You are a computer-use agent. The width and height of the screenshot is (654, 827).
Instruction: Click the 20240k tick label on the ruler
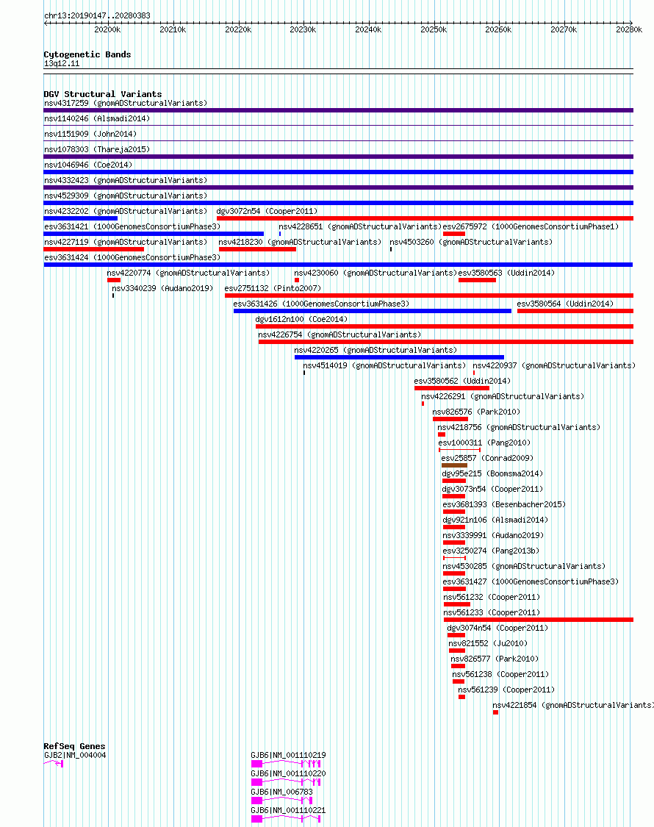(x=368, y=30)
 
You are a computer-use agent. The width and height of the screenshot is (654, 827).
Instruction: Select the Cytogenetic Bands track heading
(x=87, y=54)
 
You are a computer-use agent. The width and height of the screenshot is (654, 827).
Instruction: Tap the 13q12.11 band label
(x=62, y=64)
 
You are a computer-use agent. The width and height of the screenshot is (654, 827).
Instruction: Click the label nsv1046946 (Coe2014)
(x=88, y=165)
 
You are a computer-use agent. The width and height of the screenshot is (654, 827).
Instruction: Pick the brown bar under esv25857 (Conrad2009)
(x=454, y=466)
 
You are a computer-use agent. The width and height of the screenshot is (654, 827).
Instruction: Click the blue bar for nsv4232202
(x=81, y=218)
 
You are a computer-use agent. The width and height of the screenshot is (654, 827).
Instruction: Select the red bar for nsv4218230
(x=257, y=249)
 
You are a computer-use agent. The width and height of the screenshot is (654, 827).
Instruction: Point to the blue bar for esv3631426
(x=373, y=311)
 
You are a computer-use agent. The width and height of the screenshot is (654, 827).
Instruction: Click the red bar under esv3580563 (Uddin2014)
(x=478, y=280)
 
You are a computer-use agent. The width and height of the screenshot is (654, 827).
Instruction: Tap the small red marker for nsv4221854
(x=496, y=712)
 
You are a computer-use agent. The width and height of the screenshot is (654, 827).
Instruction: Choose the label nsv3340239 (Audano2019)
(x=162, y=288)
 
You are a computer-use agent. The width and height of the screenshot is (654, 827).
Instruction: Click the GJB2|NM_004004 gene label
(x=75, y=755)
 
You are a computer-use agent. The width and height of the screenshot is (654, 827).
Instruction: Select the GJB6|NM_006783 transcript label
(x=281, y=792)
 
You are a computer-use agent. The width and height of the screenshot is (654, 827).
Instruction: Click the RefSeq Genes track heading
(x=74, y=746)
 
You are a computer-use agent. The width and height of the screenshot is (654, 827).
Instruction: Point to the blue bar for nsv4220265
(x=399, y=357)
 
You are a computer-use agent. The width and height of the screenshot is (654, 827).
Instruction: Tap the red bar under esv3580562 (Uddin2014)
(x=452, y=388)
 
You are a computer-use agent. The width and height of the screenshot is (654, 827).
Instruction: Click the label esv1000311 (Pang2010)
(x=484, y=443)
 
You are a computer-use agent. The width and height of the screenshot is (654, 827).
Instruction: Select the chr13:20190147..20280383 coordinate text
(x=97, y=16)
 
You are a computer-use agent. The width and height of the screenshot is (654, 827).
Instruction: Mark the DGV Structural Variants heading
(x=103, y=94)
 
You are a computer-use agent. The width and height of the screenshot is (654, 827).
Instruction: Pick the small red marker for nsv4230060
(x=297, y=280)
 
